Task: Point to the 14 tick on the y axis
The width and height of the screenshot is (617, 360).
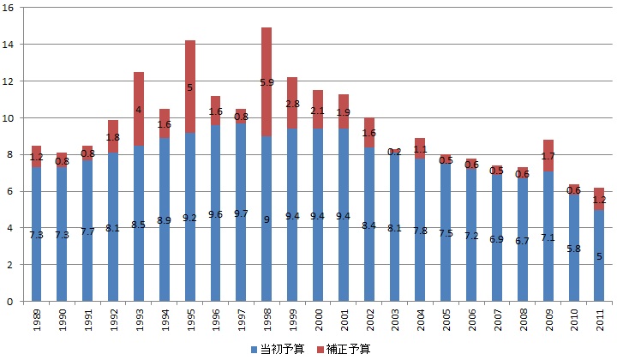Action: click(x=9, y=44)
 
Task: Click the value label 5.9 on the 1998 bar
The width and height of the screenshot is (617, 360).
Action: click(x=267, y=82)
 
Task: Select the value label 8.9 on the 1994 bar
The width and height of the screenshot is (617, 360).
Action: click(x=164, y=220)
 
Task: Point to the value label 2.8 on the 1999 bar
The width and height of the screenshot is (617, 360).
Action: click(x=292, y=104)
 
